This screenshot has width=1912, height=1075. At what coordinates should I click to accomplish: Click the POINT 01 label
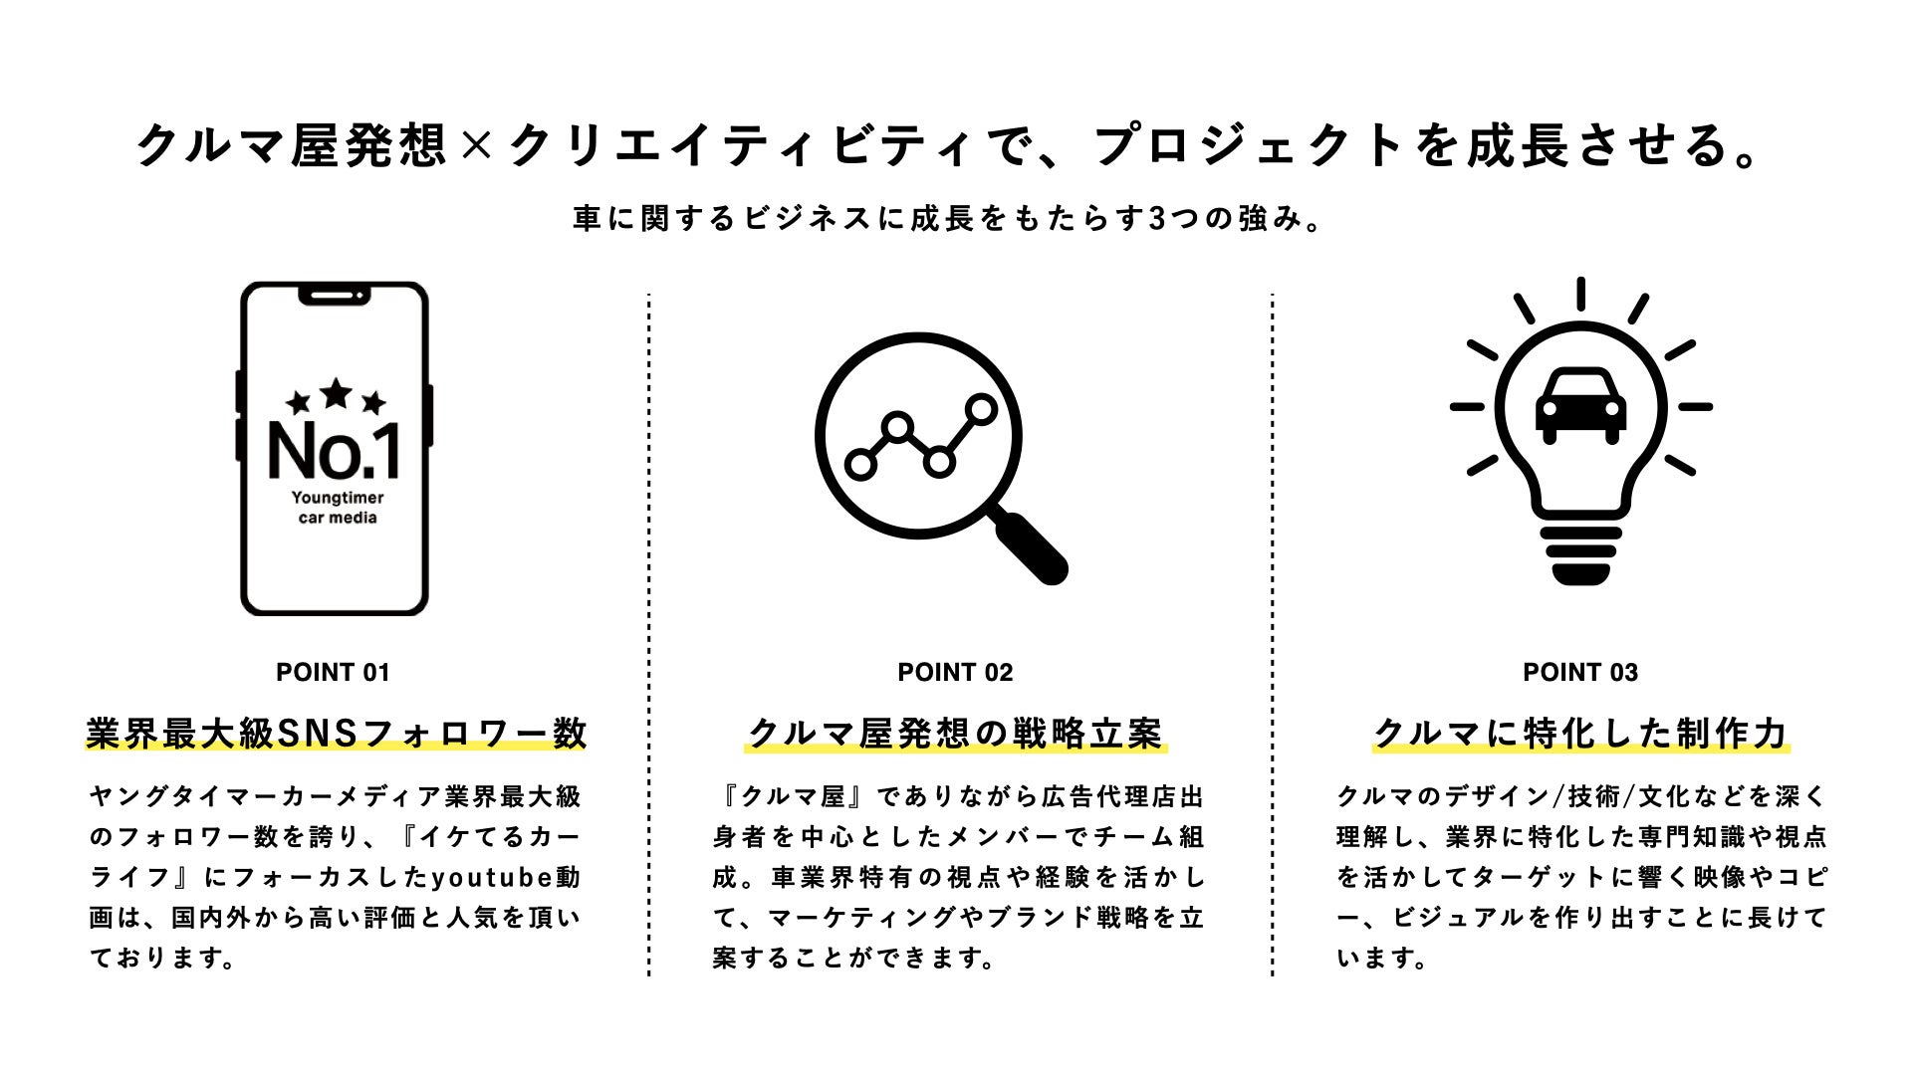333,673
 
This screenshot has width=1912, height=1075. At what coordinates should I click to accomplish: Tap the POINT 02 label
955,673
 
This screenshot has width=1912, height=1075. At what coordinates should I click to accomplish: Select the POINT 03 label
1580,673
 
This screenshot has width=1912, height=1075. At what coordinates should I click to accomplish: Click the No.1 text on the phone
335,450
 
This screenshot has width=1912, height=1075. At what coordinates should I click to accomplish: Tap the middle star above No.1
336,393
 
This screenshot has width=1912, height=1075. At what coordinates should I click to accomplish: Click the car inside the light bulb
1581,405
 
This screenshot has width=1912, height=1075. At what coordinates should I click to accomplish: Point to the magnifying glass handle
1032,546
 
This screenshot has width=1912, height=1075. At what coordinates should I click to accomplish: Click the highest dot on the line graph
981,408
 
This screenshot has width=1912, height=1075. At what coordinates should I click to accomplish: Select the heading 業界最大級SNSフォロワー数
337,734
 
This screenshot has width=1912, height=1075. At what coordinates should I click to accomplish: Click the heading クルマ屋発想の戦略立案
955,734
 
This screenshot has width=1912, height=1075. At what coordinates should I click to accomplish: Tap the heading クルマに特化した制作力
1580,734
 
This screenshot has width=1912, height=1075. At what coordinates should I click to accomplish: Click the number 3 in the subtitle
1156,219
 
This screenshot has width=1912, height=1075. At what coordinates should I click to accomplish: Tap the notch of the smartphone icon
335,296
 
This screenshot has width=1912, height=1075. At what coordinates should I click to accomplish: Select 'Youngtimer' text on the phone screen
338,498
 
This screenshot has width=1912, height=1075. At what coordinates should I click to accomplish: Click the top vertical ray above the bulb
1580,294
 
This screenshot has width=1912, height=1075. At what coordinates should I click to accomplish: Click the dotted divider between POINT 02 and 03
1272,637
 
